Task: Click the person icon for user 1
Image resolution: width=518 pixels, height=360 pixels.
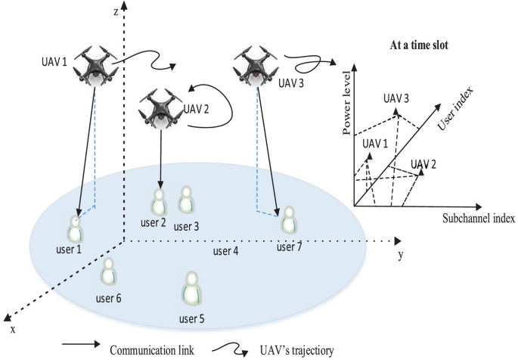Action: pos(74,229)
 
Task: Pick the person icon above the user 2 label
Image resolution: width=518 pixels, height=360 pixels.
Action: pos(159,201)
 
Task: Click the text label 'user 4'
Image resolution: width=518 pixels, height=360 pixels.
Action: pos(225,250)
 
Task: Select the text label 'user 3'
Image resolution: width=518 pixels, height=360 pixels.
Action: pos(186,225)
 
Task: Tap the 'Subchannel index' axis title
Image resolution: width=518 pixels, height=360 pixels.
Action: pos(478,219)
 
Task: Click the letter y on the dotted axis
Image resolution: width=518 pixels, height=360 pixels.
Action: pos(400,256)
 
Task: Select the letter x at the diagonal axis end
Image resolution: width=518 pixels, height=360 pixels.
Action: pos(13,329)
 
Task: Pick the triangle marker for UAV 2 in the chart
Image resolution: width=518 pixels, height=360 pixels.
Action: pos(421,172)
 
